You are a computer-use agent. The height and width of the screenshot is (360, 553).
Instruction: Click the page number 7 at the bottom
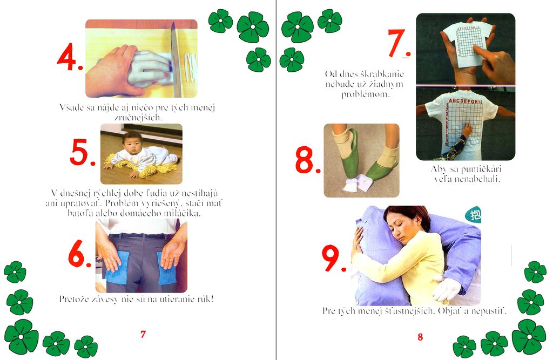(143, 334)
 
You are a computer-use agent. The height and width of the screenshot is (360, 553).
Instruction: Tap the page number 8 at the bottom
(420, 337)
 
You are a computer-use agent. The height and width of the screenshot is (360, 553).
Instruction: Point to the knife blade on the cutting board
(176, 60)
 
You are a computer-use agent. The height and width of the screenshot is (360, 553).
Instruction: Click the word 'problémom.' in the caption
(366, 94)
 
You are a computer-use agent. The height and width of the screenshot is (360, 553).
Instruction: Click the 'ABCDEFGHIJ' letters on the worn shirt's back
(466, 101)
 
